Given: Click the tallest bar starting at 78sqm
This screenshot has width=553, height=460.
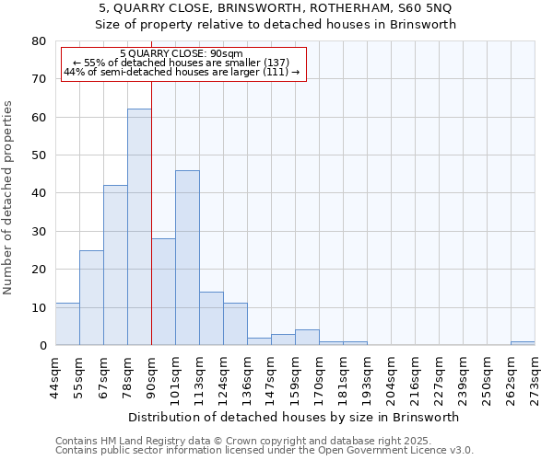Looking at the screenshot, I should pyautogui.click(x=139, y=227).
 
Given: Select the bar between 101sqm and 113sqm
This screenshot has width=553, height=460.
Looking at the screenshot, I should pyautogui.click(x=187, y=258).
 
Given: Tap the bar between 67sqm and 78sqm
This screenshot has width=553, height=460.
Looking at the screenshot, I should pyautogui.click(x=115, y=265).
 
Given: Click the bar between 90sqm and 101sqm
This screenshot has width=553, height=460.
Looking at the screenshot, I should pyautogui.click(x=163, y=292).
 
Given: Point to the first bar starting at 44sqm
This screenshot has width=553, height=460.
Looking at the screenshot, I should pyautogui.click(x=67, y=324).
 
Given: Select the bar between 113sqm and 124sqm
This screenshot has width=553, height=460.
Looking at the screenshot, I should pyautogui.click(x=211, y=318).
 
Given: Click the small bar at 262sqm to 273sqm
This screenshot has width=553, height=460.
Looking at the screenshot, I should pyautogui.click(x=523, y=343).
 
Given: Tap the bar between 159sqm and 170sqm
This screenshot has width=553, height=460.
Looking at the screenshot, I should pyautogui.click(x=307, y=338).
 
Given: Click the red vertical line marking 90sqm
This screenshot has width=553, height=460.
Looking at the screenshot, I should pyautogui.click(x=151, y=212).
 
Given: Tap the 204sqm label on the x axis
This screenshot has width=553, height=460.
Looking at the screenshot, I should pyautogui.click(x=392, y=375).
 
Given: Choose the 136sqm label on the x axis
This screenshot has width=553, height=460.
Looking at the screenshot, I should pyautogui.click(x=248, y=375).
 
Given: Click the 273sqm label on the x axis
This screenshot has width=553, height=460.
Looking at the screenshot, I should pyautogui.click(x=535, y=375).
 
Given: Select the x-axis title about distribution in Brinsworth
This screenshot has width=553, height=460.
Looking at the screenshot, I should pyautogui.click(x=294, y=417).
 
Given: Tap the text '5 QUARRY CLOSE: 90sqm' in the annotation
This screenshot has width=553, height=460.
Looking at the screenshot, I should pyautogui.click(x=182, y=54).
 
